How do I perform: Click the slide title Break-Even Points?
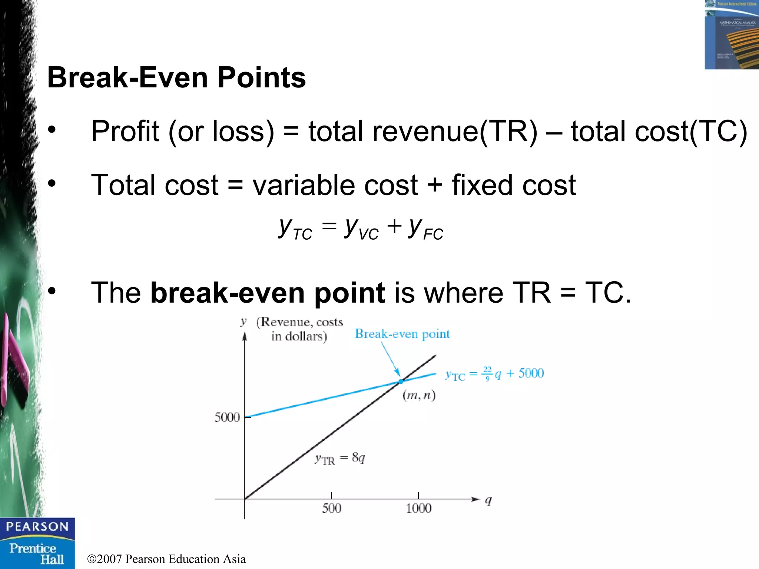(176, 78)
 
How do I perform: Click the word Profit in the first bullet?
(125, 131)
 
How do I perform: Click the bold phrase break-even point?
(268, 293)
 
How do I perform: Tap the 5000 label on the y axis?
(227, 417)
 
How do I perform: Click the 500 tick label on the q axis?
(331, 508)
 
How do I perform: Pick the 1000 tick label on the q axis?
(418, 508)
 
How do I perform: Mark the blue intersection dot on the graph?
(401, 381)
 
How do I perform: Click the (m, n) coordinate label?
(419, 395)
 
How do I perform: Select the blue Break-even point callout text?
(402, 334)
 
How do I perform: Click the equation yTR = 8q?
(340, 459)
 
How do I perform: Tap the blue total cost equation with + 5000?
(494, 374)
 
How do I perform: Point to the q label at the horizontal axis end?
(488, 500)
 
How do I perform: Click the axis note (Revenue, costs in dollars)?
(299, 329)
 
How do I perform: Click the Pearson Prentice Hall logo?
(37, 543)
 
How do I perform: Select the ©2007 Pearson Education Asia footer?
(166, 559)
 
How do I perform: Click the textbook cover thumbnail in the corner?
(731, 34)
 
